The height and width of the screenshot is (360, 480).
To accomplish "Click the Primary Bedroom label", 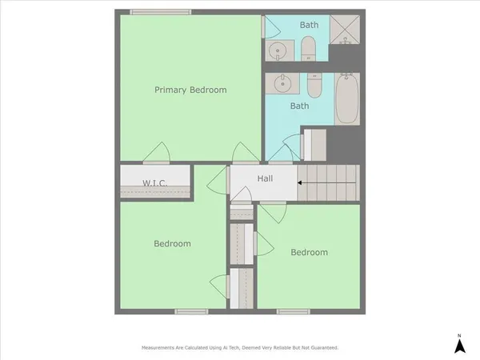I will (x=190, y=90).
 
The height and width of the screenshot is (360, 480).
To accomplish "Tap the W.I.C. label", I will (x=154, y=183).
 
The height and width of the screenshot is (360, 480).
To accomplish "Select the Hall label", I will (x=266, y=178).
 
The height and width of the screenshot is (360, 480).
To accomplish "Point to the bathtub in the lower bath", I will (x=347, y=100).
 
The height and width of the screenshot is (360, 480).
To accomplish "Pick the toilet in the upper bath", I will (x=309, y=52).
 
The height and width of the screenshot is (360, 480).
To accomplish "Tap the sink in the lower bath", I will (x=282, y=82).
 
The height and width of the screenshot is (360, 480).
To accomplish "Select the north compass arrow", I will (x=460, y=345).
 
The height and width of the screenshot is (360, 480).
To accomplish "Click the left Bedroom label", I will (x=173, y=243).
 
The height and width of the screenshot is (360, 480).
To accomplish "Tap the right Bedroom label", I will (x=309, y=252).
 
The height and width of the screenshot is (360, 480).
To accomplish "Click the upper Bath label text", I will (x=309, y=25).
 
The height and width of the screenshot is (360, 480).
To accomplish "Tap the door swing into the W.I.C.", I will (x=158, y=151).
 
